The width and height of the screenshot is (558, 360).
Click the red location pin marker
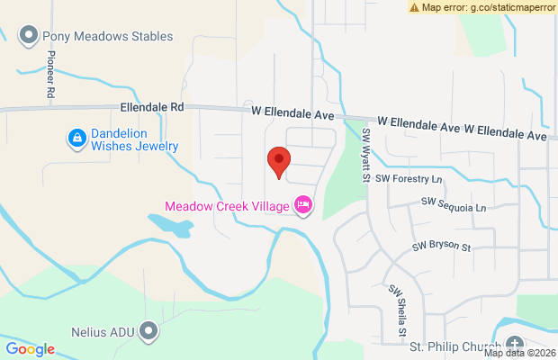(x=279, y=163)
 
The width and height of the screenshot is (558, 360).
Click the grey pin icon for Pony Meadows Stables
(x=29, y=37)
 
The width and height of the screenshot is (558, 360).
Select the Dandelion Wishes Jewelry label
(x=135, y=139)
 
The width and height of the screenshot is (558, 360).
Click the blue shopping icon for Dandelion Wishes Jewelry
(x=76, y=139)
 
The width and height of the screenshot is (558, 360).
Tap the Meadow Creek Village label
(x=227, y=206)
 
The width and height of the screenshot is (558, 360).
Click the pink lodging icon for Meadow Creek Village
(x=304, y=206)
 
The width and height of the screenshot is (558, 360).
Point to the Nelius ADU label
(x=103, y=332)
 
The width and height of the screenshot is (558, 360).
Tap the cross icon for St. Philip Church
(x=514, y=346)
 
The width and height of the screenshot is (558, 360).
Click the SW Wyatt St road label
(x=366, y=154)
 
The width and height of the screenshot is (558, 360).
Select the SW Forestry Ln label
(x=409, y=178)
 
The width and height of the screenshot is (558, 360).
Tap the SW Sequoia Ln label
(x=453, y=208)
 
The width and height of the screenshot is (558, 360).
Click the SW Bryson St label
(x=442, y=246)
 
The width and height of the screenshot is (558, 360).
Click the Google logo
(x=31, y=349)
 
